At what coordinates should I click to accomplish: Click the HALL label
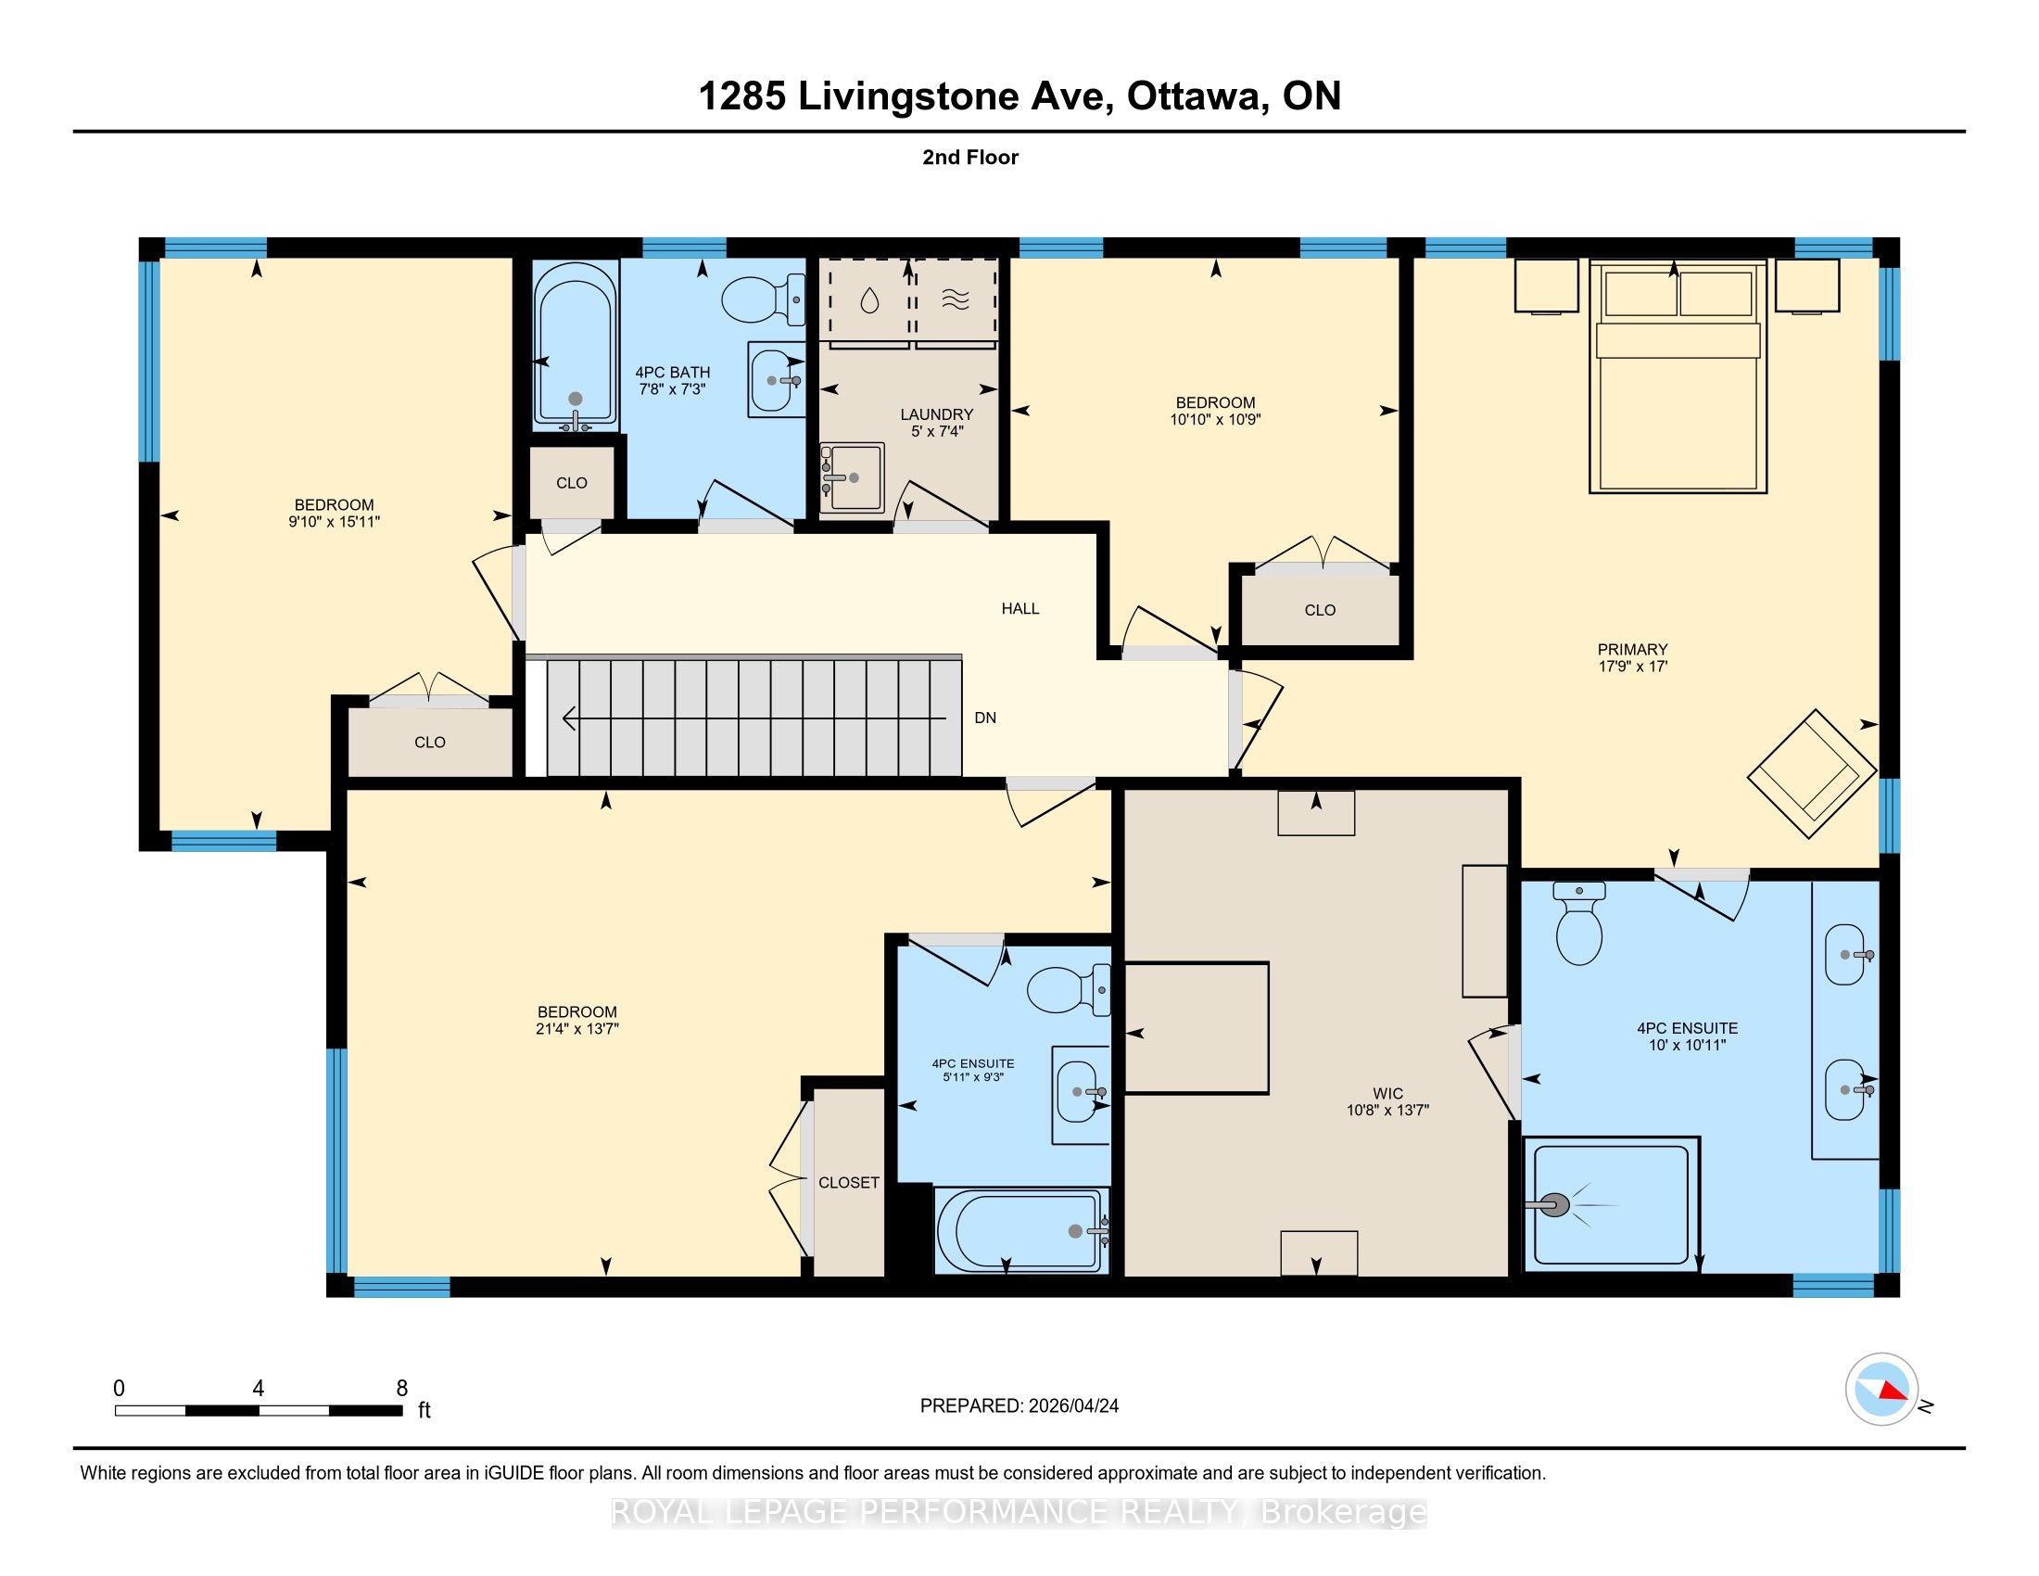1019,609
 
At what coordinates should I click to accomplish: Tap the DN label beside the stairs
985,718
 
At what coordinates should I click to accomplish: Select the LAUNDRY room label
936,414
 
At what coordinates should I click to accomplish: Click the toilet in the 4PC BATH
764,299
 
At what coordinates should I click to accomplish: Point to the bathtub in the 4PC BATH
576,346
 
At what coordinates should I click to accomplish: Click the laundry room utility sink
852,477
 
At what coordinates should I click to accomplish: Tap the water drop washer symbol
869,299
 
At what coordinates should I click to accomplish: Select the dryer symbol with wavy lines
955,299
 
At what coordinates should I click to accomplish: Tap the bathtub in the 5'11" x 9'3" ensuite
1021,1230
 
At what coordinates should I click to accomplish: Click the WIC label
1387,1093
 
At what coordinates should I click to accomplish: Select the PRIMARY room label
1632,650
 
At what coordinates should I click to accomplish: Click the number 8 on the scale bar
402,1389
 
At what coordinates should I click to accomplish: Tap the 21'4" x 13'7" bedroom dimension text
577,1029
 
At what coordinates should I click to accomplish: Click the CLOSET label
849,1183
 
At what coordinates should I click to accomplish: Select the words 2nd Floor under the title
970,158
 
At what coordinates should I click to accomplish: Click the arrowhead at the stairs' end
566,718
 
